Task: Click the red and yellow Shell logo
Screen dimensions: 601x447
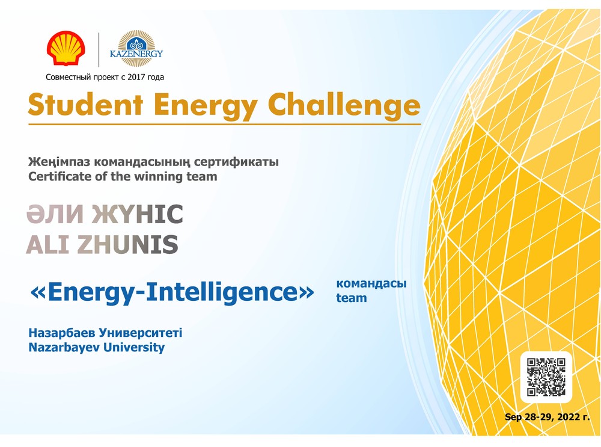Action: pos(66,48)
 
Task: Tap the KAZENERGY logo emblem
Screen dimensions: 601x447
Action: pos(136,49)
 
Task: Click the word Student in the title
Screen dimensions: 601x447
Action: pos(85,104)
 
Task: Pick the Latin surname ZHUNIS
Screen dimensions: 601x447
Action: pos(127,245)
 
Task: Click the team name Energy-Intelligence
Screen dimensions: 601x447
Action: pos(172,292)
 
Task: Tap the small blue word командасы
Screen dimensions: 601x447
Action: pos(371,284)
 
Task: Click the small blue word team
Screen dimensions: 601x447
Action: pos(352,298)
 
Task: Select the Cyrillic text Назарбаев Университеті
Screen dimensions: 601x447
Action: pos(105,333)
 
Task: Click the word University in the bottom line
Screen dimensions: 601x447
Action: pos(134,348)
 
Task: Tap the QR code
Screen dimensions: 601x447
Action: pos(546,377)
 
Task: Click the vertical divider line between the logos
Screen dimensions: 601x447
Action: pos(99,49)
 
